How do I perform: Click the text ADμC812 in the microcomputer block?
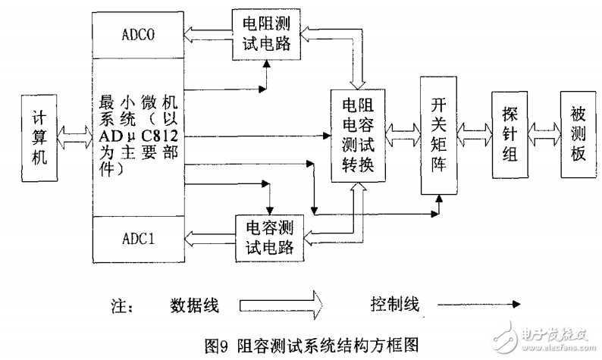tap(140, 137)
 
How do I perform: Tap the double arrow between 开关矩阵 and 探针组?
tap(474, 134)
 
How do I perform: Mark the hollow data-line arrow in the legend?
tap(281, 304)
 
